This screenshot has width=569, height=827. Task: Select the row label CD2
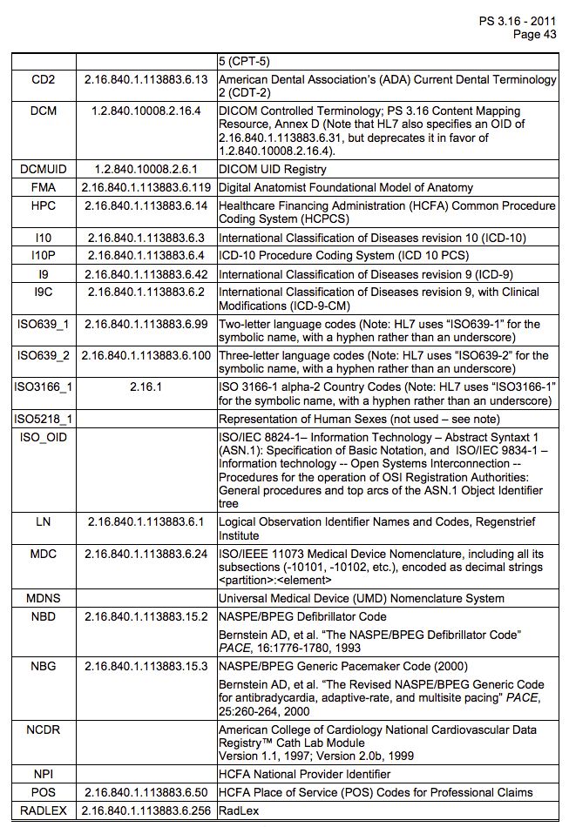point(43,80)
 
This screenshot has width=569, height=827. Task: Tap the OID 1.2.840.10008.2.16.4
point(146,111)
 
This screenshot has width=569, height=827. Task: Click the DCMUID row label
point(43,169)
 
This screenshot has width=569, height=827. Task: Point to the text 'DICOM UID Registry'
point(273,169)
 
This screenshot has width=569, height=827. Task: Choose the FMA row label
point(43,187)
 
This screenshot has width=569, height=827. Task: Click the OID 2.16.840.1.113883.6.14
point(146,206)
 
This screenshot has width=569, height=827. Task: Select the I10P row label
point(43,256)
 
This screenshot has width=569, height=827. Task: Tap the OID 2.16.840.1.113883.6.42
point(146,274)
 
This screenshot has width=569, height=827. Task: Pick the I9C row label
point(43,292)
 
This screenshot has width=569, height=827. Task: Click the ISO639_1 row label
point(43,325)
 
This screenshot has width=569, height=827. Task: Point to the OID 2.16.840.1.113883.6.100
point(146,355)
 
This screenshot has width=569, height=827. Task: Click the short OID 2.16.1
point(146,387)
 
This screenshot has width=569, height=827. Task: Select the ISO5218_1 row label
point(43,419)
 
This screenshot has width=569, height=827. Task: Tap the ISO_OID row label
point(43,437)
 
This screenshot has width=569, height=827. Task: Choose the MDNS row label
point(43,598)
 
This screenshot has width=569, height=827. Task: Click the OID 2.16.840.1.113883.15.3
point(146,666)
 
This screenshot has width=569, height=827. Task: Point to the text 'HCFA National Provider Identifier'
point(304,774)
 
